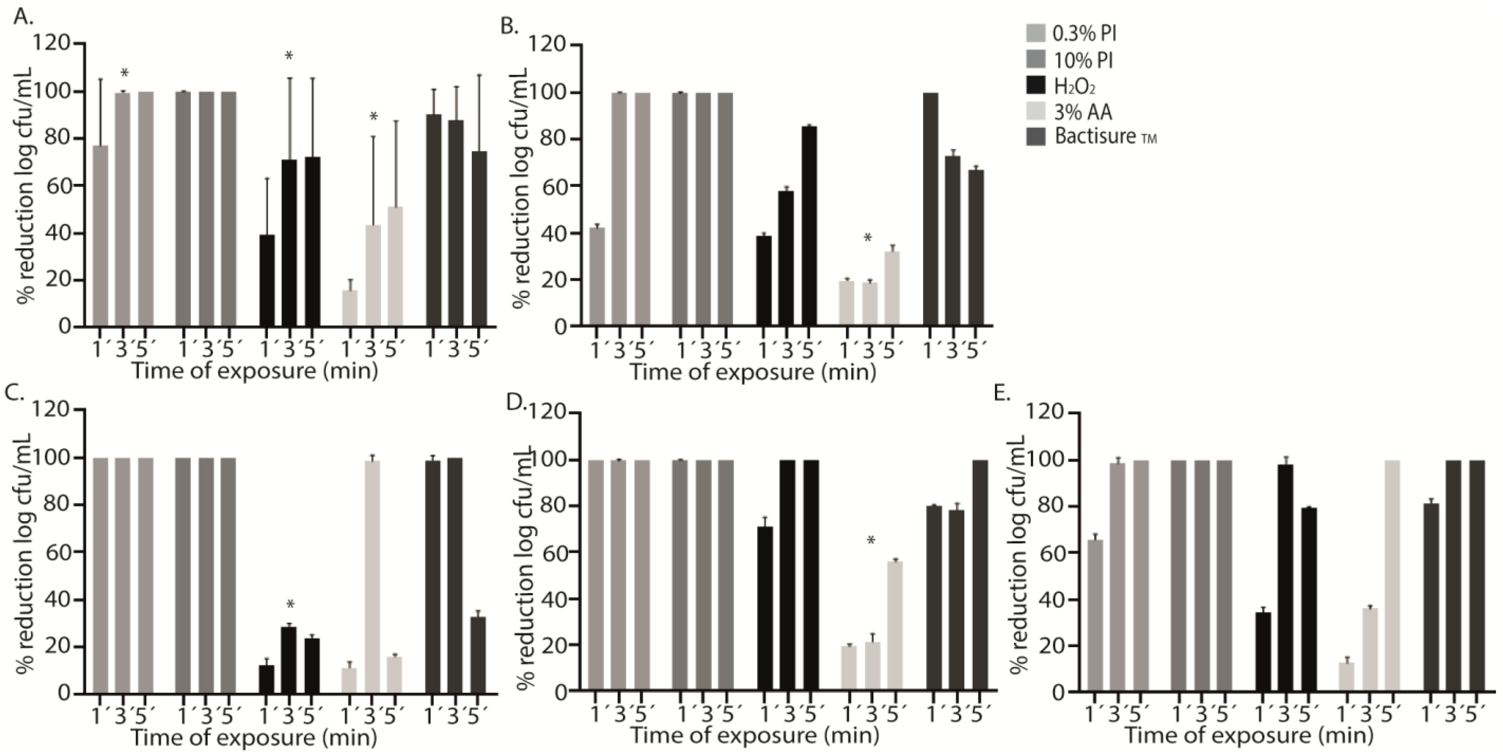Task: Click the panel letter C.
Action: coord(14,395)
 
